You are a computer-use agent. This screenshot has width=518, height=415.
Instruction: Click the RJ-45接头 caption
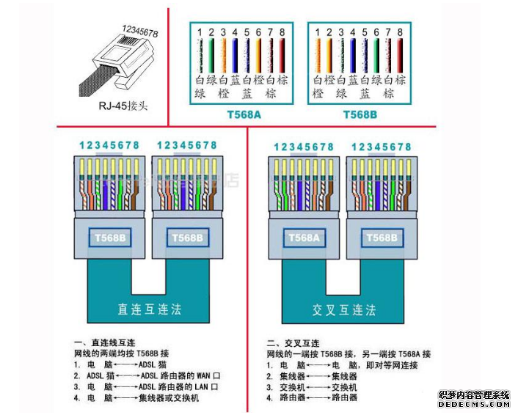123,106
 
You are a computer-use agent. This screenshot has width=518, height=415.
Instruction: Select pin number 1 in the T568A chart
199,32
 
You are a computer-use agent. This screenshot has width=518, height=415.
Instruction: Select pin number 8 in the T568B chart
400,32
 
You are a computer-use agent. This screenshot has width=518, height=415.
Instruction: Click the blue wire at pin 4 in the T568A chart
235,54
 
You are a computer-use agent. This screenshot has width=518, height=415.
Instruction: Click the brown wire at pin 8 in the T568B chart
400,54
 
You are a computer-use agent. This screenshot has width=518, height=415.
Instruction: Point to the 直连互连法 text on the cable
150,309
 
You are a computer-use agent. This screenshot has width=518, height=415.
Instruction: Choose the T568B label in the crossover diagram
381,238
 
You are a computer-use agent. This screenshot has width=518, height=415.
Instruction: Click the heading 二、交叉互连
293,343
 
